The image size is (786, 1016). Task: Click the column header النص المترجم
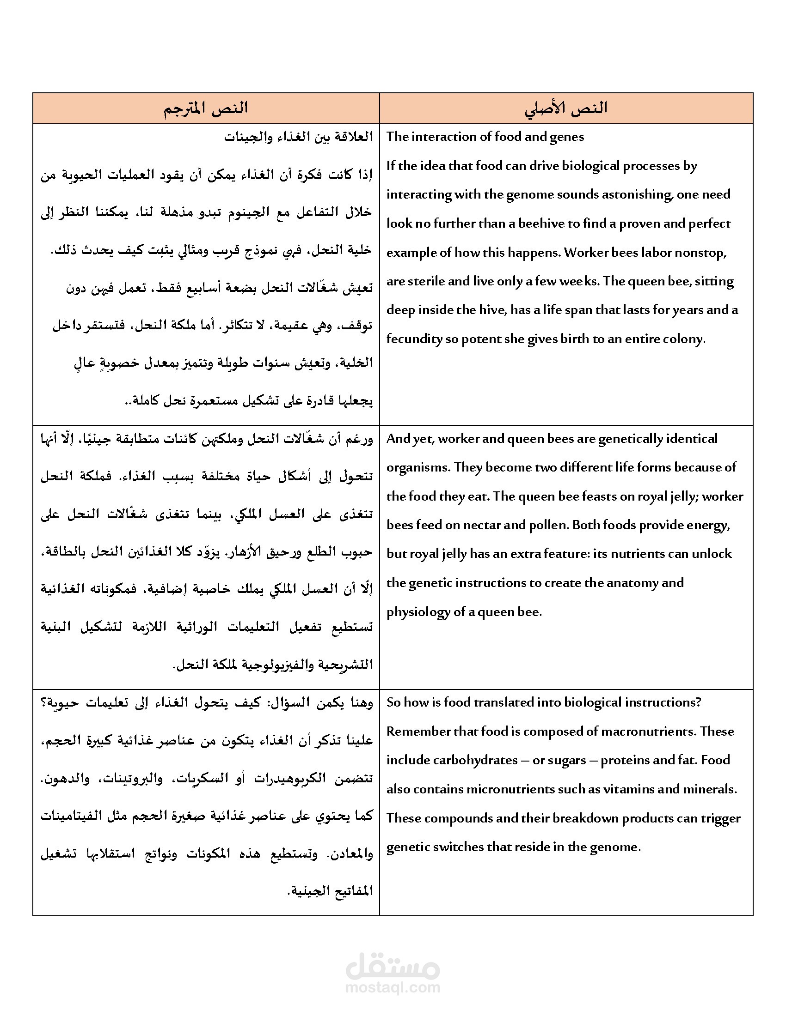coord(205,109)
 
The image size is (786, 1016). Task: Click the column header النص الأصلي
coord(566,109)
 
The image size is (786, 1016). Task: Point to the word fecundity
coord(414,339)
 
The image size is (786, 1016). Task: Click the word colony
coord(685,339)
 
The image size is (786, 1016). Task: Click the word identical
coord(692,439)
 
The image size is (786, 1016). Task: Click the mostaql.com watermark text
coord(393,987)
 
